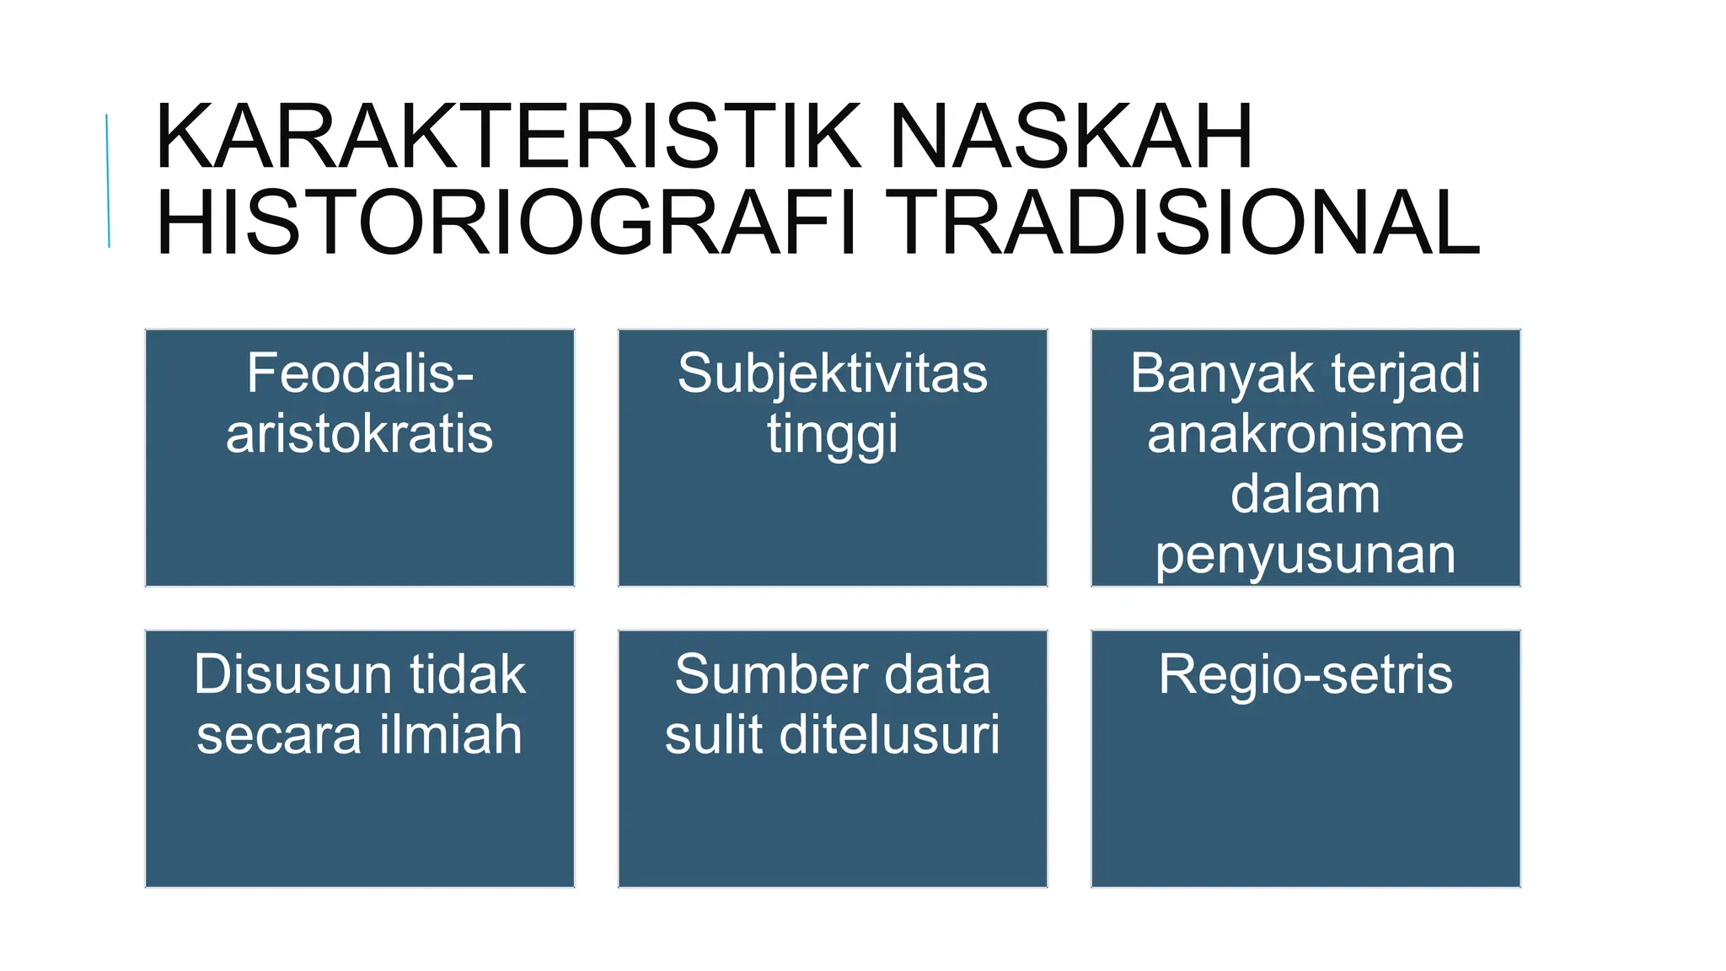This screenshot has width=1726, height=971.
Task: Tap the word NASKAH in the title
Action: point(1070,137)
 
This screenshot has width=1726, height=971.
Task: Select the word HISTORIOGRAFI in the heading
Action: point(507,223)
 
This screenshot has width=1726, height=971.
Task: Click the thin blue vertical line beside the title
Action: point(108,180)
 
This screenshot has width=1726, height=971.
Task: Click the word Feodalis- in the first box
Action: point(360,373)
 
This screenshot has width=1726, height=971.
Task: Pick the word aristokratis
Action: point(360,434)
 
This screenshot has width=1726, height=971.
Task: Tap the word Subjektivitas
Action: point(833,373)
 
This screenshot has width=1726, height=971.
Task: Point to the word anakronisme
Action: point(1305,434)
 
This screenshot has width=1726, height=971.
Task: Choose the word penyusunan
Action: point(1305,555)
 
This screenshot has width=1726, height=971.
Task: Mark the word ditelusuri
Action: point(890,734)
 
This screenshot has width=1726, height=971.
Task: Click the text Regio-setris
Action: point(1305,674)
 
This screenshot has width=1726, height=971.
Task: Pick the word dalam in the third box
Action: point(1305,495)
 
